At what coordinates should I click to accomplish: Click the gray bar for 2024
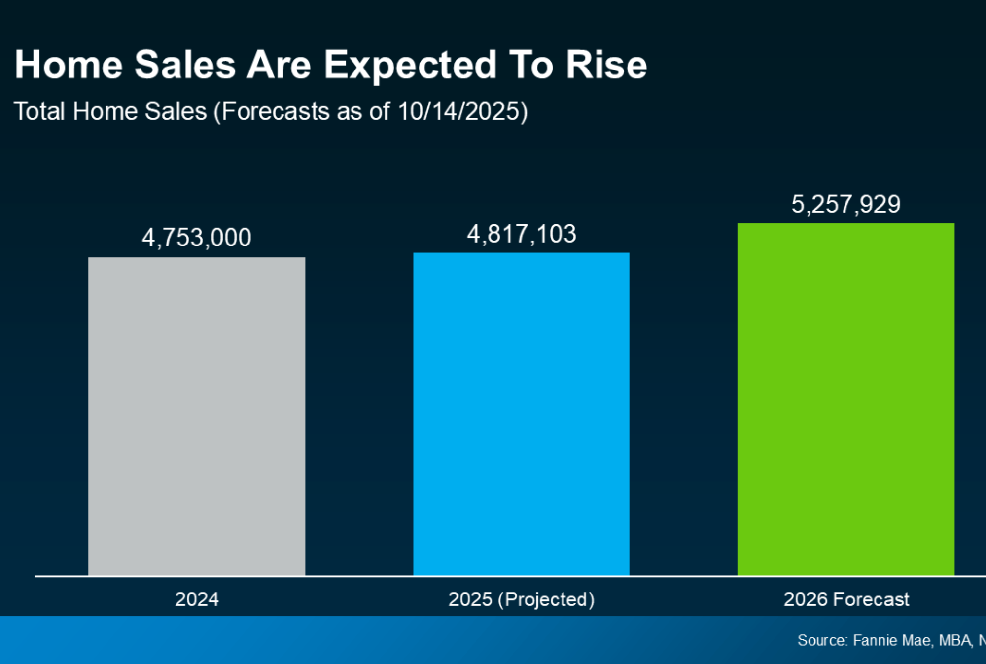coord(197,417)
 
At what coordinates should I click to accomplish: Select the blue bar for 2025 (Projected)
coord(521,414)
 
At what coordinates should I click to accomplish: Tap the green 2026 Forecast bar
coord(846,399)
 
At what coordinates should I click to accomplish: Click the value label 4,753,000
coord(197,238)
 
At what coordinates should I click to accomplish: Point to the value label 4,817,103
coord(522,234)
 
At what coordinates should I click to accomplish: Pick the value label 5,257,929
coord(846,204)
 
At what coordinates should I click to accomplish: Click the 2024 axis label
coord(197,599)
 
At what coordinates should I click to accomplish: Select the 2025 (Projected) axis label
coord(521,599)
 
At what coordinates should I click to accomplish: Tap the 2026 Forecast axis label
coord(846,599)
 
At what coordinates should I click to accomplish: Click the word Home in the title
coord(69,65)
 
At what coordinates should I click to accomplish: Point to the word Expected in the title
coord(410,66)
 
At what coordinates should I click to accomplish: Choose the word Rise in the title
coord(606,65)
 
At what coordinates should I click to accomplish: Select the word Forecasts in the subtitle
coord(276,111)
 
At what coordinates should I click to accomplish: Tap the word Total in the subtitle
coord(39,111)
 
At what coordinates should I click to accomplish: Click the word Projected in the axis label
coord(546,599)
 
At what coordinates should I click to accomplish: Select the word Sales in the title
coord(185,65)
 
